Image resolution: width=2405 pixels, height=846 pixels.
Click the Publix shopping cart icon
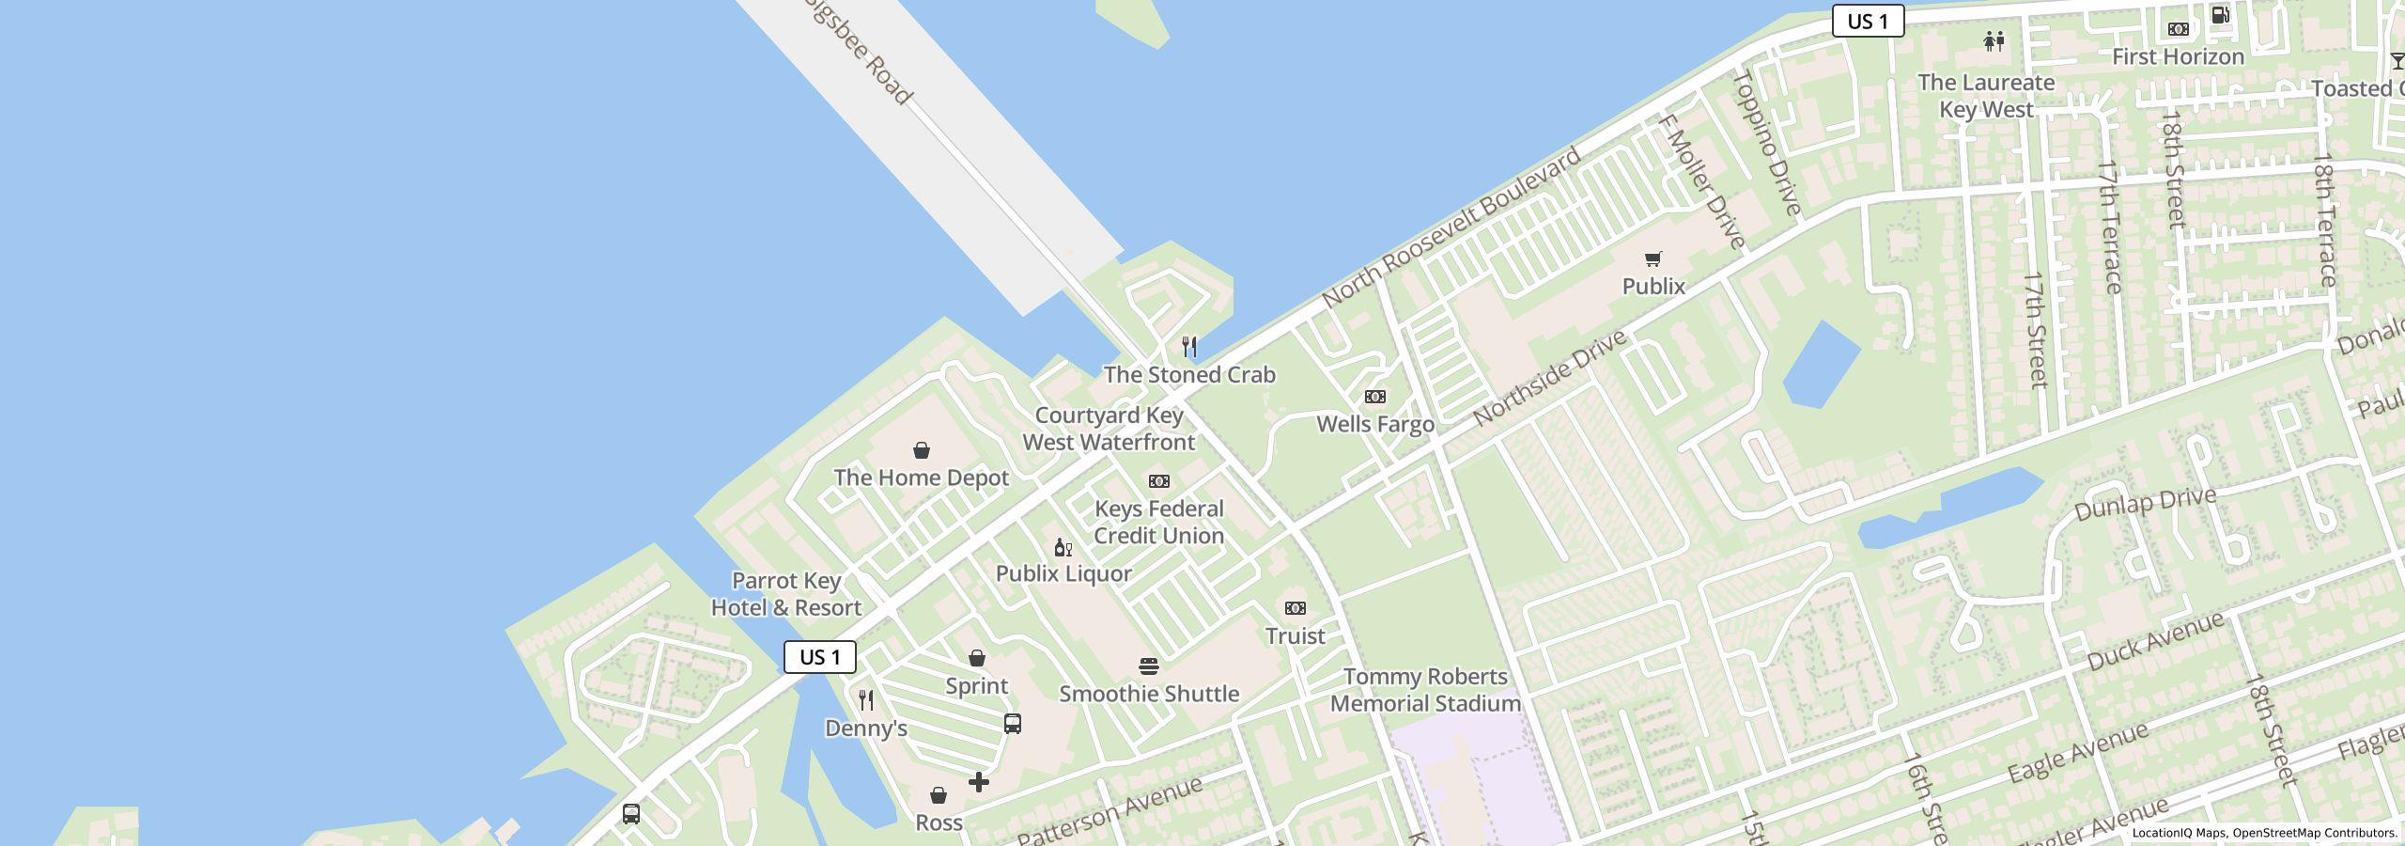coord(1653,258)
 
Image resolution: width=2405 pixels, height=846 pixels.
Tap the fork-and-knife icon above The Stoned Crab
coord(1189,346)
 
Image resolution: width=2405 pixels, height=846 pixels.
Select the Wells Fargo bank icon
coord(1375,397)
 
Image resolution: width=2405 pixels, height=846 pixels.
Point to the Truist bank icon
coord(1296,608)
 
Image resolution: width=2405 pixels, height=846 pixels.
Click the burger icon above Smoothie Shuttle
coord(1148,667)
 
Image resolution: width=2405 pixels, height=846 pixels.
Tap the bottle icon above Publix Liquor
coord(1063,548)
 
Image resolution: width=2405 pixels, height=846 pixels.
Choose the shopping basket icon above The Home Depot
coord(922,451)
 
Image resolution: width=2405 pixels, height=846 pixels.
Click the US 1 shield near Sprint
coord(820,657)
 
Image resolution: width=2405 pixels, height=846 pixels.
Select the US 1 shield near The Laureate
coord(1868,21)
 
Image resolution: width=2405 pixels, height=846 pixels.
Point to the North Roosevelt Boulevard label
coord(1451,227)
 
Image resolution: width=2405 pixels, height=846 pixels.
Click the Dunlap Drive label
coord(2145,505)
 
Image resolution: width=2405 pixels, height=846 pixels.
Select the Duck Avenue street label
coord(2155,641)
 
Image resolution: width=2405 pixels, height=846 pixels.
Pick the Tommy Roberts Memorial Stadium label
coord(1425,690)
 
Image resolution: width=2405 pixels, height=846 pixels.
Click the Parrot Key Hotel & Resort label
coord(786,594)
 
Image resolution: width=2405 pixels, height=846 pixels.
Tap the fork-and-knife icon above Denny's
coord(866,700)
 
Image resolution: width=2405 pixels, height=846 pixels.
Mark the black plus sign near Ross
coord(979,782)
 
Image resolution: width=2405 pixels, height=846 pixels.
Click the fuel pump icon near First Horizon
coord(2221,14)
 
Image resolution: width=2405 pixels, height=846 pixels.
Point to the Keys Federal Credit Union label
coord(1159,522)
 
